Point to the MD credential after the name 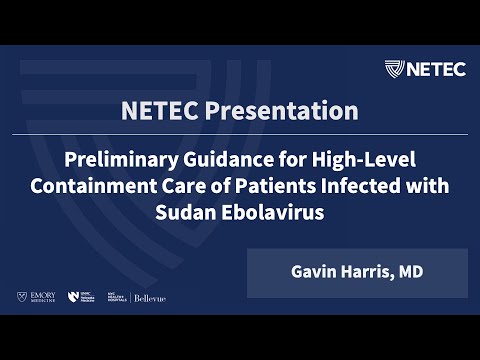click(x=408, y=273)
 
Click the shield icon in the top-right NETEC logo click(x=395, y=69)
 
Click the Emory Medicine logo click(x=36, y=298)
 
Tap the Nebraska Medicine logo click(x=82, y=298)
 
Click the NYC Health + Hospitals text click(x=118, y=298)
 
